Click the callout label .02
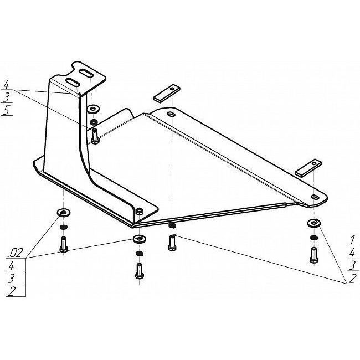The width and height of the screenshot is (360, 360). pos(16,253)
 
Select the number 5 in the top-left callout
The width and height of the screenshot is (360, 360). pos(6,110)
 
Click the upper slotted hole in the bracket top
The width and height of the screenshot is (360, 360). pos(86,73)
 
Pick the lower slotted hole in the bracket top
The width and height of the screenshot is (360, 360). pos(73,82)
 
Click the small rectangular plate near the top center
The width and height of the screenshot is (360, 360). pos(167,93)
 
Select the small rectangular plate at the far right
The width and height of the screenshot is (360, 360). pos(308,167)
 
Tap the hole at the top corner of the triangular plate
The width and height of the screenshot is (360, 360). pos(171,114)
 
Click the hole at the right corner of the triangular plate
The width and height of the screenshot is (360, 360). pos(314,197)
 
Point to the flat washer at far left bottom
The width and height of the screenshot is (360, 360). pos(63,212)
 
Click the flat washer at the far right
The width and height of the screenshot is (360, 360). pos(314,223)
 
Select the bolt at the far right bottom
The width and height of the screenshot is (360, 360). pos(313,255)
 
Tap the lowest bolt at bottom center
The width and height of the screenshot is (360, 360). pos(140,271)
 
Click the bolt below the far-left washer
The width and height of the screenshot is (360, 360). pos(63,245)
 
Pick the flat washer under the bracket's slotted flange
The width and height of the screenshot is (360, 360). pos(92,109)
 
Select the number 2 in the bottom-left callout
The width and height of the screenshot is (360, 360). pos(12,291)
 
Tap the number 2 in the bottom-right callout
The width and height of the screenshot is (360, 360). pos(352,278)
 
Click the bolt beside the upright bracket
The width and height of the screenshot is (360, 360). pos(95,137)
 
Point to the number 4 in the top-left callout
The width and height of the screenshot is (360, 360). pos(6,84)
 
